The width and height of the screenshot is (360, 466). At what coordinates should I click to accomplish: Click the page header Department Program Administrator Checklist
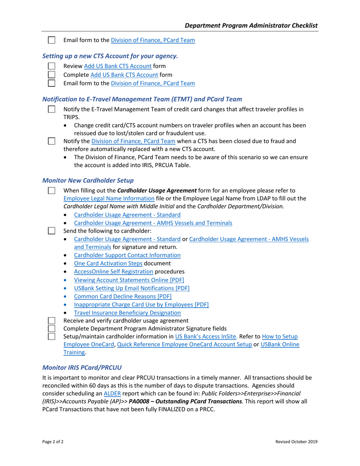click(x=251, y=25)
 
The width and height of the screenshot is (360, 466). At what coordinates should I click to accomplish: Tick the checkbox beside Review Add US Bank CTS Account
click(x=52, y=66)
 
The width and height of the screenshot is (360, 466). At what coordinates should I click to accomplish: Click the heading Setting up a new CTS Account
click(x=110, y=56)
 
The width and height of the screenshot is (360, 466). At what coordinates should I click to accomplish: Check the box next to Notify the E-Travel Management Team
click(x=52, y=109)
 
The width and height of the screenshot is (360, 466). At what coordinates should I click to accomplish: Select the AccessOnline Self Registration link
click(x=113, y=272)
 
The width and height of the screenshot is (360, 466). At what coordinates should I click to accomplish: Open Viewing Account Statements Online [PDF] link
click(x=129, y=280)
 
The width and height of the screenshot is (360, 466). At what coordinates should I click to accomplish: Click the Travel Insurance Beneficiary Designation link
click(x=127, y=313)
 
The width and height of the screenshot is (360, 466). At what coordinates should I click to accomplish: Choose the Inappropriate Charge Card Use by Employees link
click(x=141, y=305)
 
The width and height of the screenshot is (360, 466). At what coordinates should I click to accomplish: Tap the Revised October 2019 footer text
click(x=296, y=441)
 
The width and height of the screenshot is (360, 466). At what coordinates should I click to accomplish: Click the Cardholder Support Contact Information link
click(x=127, y=255)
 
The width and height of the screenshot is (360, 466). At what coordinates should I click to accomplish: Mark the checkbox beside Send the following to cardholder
click(x=52, y=231)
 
